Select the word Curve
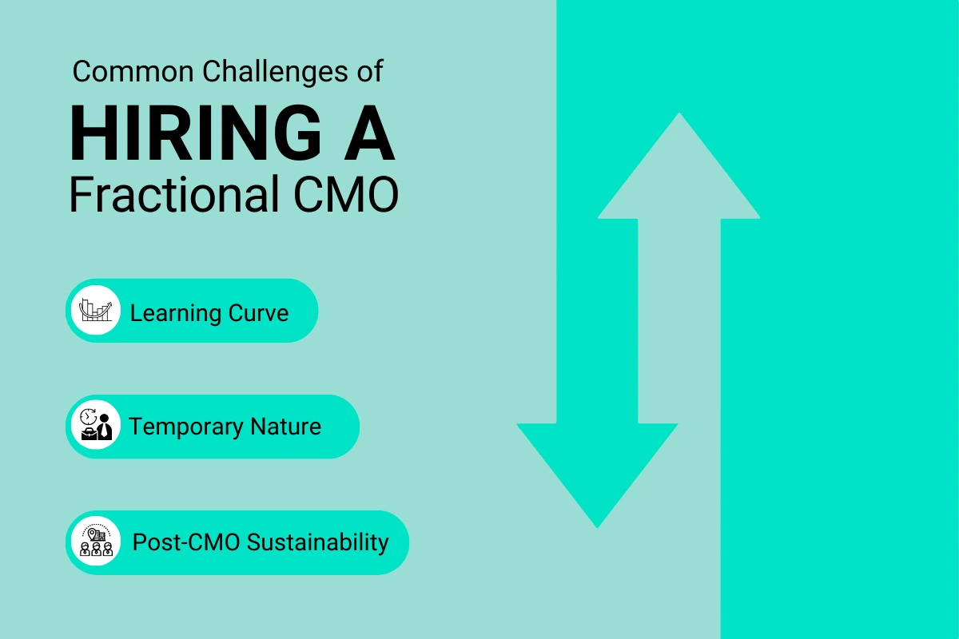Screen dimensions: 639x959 [258, 312]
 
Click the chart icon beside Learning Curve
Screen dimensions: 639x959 [95, 310]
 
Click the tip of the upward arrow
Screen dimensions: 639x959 [679, 116]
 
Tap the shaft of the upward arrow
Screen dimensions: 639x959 [679, 319]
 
